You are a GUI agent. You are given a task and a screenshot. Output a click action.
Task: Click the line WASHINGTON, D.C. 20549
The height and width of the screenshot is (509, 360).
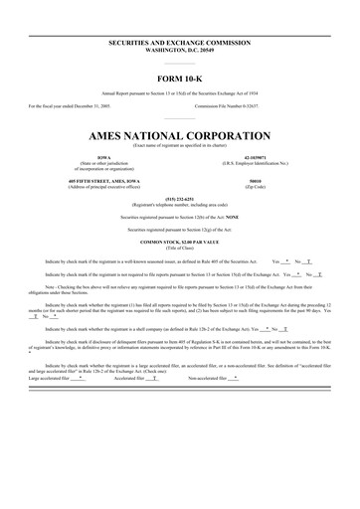180,54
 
